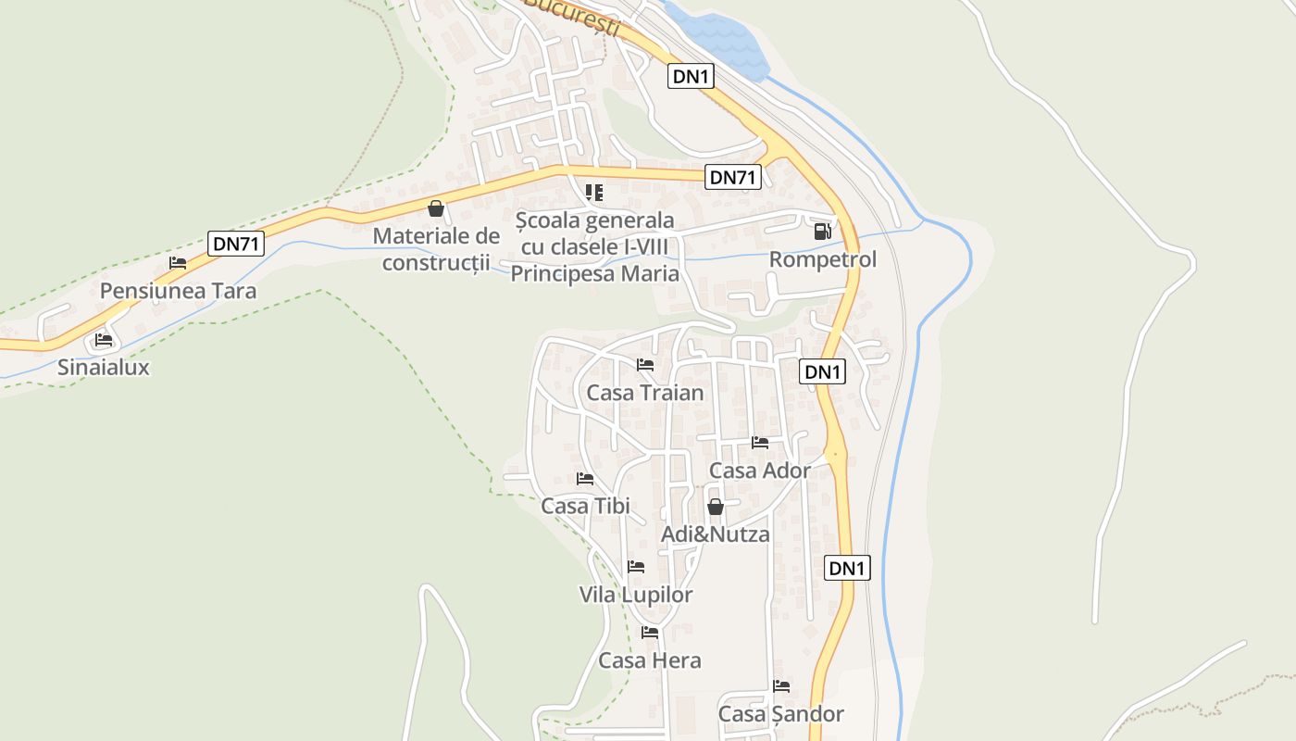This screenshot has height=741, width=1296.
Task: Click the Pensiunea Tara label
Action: pyautogui.click(x=178, y=291)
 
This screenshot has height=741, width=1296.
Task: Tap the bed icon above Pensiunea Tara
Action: pyautogui.click(x=178, y=263)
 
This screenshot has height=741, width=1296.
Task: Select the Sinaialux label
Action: pyautogui.click(x=104, y=367)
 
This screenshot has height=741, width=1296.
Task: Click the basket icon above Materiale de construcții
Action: pyautogui.click(x=436, y=208)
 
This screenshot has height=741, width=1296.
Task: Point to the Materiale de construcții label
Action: pyautogui.click(x=436, y=249)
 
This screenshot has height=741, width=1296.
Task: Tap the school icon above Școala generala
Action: pyautogui.click(x=594, y=193)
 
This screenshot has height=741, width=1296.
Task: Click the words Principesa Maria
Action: pyautogui.click(x=595, y=274)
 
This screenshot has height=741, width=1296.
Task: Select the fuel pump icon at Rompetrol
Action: pyautogui.click(x=822, y=232)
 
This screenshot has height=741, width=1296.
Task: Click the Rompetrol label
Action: pyautogui.click(x=822, y=259)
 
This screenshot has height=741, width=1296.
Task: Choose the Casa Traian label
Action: pyautogui.click(x=645, y=393)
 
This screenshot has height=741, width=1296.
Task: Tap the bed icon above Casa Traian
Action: pyautogui.click(x=645, y=365)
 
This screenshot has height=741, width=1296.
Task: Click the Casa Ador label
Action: pyautogui.click(x=760, y=471)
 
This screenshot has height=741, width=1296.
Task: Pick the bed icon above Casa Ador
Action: pyautogui.click(x=760, y=443)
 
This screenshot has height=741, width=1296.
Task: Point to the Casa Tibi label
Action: pyautogui.click(x=585, y=506)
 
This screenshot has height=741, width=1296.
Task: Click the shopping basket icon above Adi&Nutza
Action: pyautogui.click(x=715, y=507)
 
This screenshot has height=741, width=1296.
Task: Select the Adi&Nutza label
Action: pyautogui.click(x=715, y=534)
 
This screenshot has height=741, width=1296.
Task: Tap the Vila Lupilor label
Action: pyautogui.click(x=636, y=595)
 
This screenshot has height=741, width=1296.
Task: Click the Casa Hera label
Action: pyautogui.click(x=650, y=660)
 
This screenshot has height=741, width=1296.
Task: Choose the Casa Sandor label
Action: pyautogui.click(x=781, y=714)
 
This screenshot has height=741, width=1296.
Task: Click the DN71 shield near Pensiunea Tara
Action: pyautogui.click(x=236, y=244)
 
